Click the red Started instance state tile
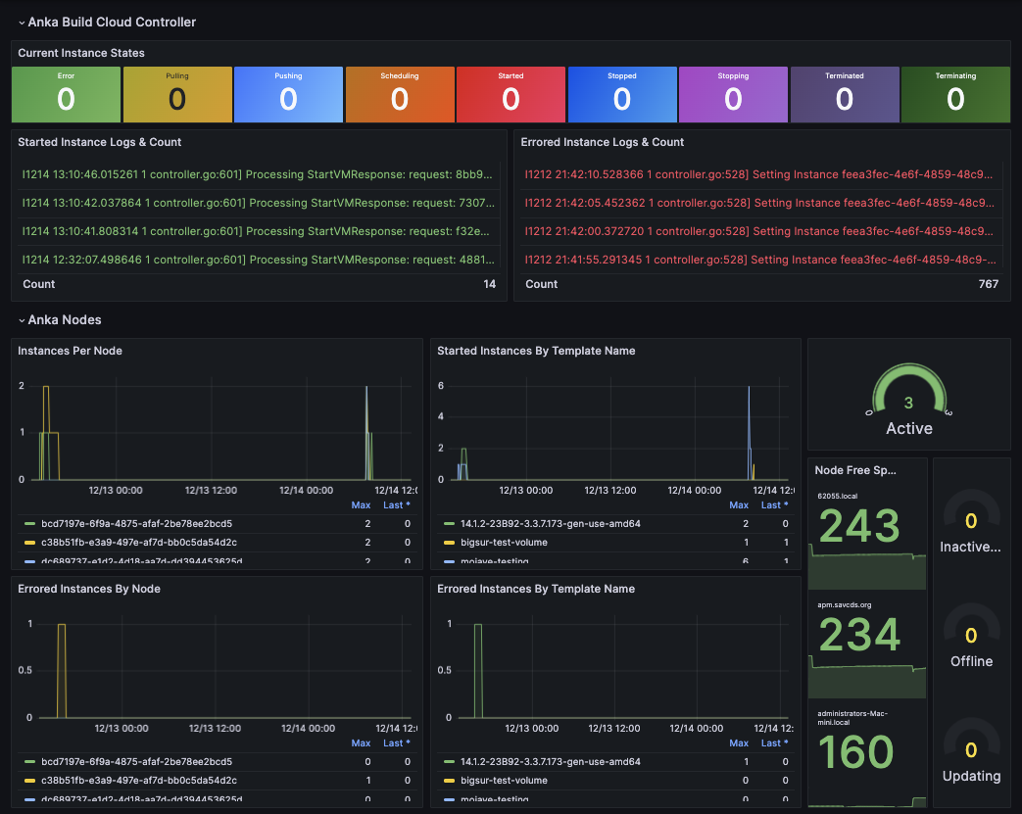[x=511, y=94]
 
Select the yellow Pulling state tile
[x=177, y=94]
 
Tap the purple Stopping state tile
[x=733, y=94]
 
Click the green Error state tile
[x=66, y=94]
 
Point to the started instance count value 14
[x=489, y=284]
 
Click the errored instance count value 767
[x=988, y=284]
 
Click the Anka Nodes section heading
[x=65, y=319]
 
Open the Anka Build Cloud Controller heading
[x=112, y=22]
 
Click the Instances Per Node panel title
[x=70, y=351]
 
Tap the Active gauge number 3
[x=908, y=403]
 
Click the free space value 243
[x=859, y=526]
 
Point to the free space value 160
[x=855, y=752]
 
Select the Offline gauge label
[x=971, y=661]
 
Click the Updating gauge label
[x=971, y=776]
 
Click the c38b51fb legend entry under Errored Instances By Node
[x=138, y=780]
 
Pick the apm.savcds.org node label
[x=844, y=606]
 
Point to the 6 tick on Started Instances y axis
[x=441, y=386]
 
